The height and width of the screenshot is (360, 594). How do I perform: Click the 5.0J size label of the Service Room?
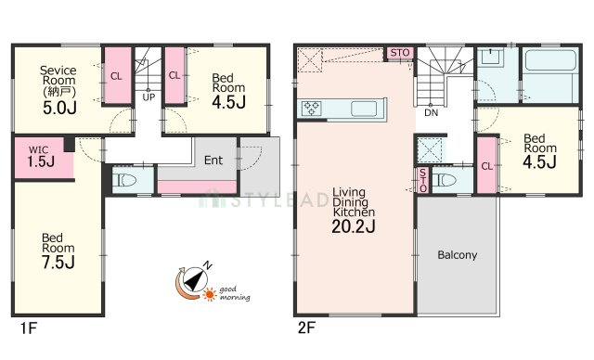coord(59,108)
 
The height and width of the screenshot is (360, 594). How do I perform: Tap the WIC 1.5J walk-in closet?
coord(43,158)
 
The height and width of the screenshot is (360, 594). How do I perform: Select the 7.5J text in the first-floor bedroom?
coord(58,263)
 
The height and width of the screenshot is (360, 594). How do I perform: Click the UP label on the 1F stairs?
coord(148,97)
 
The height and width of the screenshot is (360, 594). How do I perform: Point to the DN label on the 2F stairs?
coord(431,112)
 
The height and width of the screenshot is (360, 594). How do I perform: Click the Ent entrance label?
coord(213,161)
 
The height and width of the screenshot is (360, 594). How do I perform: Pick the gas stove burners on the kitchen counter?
coord(312,109)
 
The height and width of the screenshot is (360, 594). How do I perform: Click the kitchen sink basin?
coord(364,109)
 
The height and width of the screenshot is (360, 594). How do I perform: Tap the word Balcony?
coord(458,255)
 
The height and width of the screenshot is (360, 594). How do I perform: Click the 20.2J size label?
coord(354,226)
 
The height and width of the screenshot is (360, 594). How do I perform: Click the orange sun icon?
coord(210,294)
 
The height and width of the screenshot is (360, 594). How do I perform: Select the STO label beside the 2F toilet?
coord(423,180)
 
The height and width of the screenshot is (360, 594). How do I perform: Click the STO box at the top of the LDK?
coord(400,53)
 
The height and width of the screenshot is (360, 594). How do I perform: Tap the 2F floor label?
coord(306,328)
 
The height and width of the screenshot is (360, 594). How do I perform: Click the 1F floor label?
coord(29,328)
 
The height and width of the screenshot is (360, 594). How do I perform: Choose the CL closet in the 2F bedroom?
coord(486,166)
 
